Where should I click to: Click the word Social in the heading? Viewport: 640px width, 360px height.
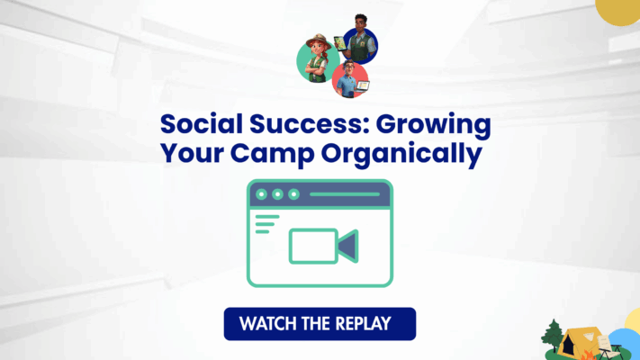[202, 123]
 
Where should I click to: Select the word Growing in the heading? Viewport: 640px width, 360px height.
[434, 126]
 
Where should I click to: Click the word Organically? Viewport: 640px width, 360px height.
[401, 154]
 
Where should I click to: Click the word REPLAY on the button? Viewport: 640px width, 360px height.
[364, 324]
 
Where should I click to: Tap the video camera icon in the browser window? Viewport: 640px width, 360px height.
[324, 246]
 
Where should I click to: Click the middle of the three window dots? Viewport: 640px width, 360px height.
[277, 194]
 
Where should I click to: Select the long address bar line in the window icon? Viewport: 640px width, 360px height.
[345, 194]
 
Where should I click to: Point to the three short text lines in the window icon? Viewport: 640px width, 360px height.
[266, 224]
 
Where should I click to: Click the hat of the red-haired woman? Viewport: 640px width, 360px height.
[319, 41]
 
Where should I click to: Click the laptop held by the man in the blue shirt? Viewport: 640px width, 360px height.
[363, 85]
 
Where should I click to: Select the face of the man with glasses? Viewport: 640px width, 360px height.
[348, 68]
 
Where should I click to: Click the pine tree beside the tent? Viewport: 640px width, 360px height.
[553, 336]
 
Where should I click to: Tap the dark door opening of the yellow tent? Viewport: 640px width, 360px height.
[568, 346]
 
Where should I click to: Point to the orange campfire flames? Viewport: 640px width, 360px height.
[588, 355]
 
